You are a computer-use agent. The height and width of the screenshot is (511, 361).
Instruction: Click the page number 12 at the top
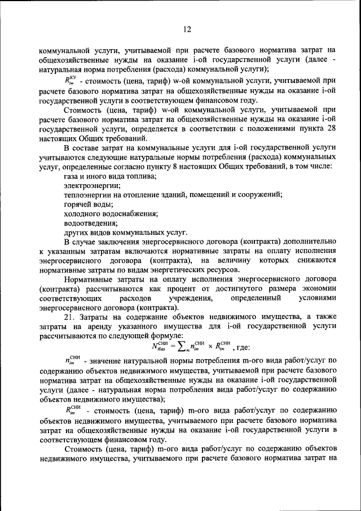point(187,29)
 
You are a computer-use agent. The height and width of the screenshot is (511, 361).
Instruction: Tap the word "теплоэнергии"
point(88,195)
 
